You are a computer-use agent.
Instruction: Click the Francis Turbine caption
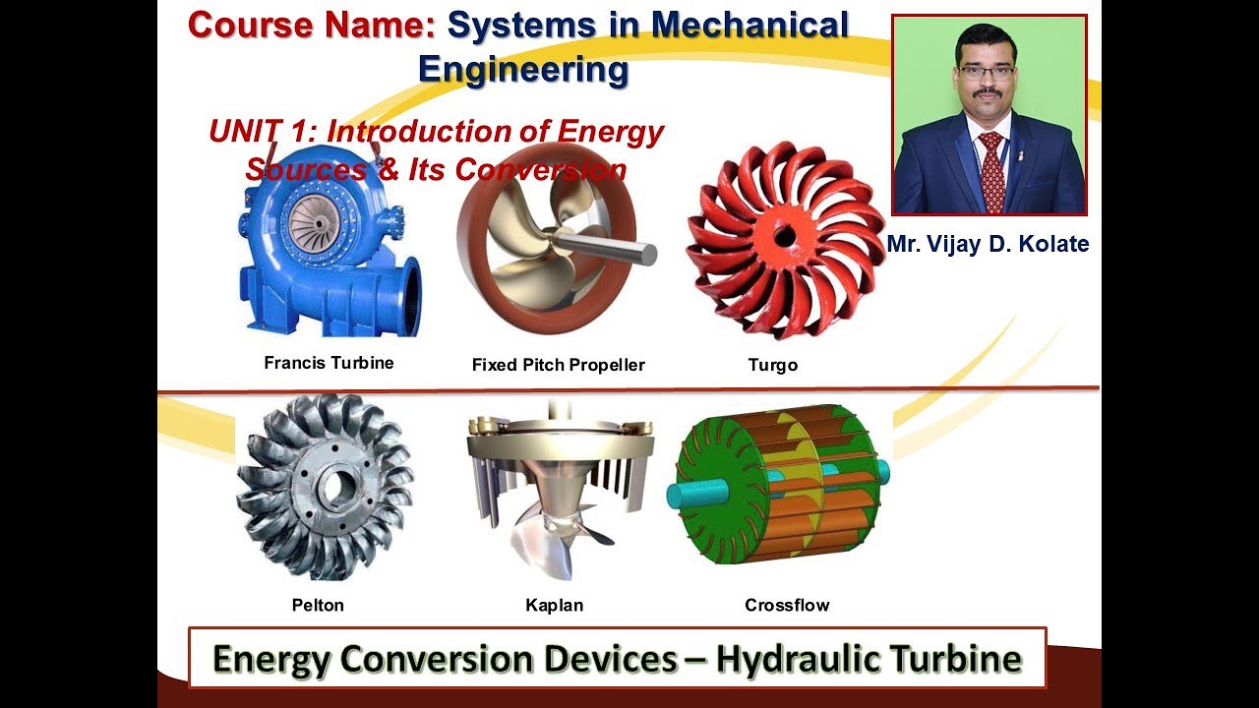(x=329, y=363)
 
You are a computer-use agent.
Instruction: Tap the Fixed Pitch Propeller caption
(x=558, y=365)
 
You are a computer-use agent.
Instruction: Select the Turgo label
(x=772, y=365)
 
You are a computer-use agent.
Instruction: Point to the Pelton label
(x=318, y=605)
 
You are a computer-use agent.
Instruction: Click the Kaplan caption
(x=554, y=605)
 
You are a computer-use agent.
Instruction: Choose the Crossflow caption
(x=787, y=605)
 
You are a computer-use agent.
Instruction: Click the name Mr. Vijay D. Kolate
(x=988, y=244)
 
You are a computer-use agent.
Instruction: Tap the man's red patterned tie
(x=990, y=172)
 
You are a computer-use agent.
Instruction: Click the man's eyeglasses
(x=986, y=72)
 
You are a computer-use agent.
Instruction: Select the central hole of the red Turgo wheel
(x=784, y=236)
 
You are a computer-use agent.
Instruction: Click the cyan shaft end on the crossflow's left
(x=679, y=492)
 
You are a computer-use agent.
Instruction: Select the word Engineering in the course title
(x=522, y=70)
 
